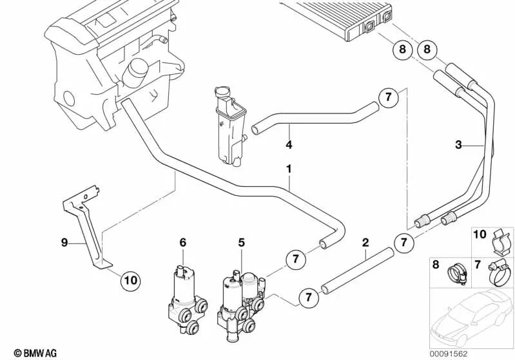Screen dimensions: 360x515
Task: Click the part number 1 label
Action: click(289, 169)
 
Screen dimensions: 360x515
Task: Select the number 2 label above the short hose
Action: click(365, 243)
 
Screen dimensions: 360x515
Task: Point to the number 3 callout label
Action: click(458, 146)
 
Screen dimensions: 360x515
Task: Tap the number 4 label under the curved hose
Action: click(289, 145)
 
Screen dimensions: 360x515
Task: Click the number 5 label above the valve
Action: click(242, 243)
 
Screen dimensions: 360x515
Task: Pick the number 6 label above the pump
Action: click(182, 243)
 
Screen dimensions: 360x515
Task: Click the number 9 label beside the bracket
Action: click(64, 243)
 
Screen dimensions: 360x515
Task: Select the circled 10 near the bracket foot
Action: click(130, 280)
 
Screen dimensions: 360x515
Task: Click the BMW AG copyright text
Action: click(24, 351)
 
